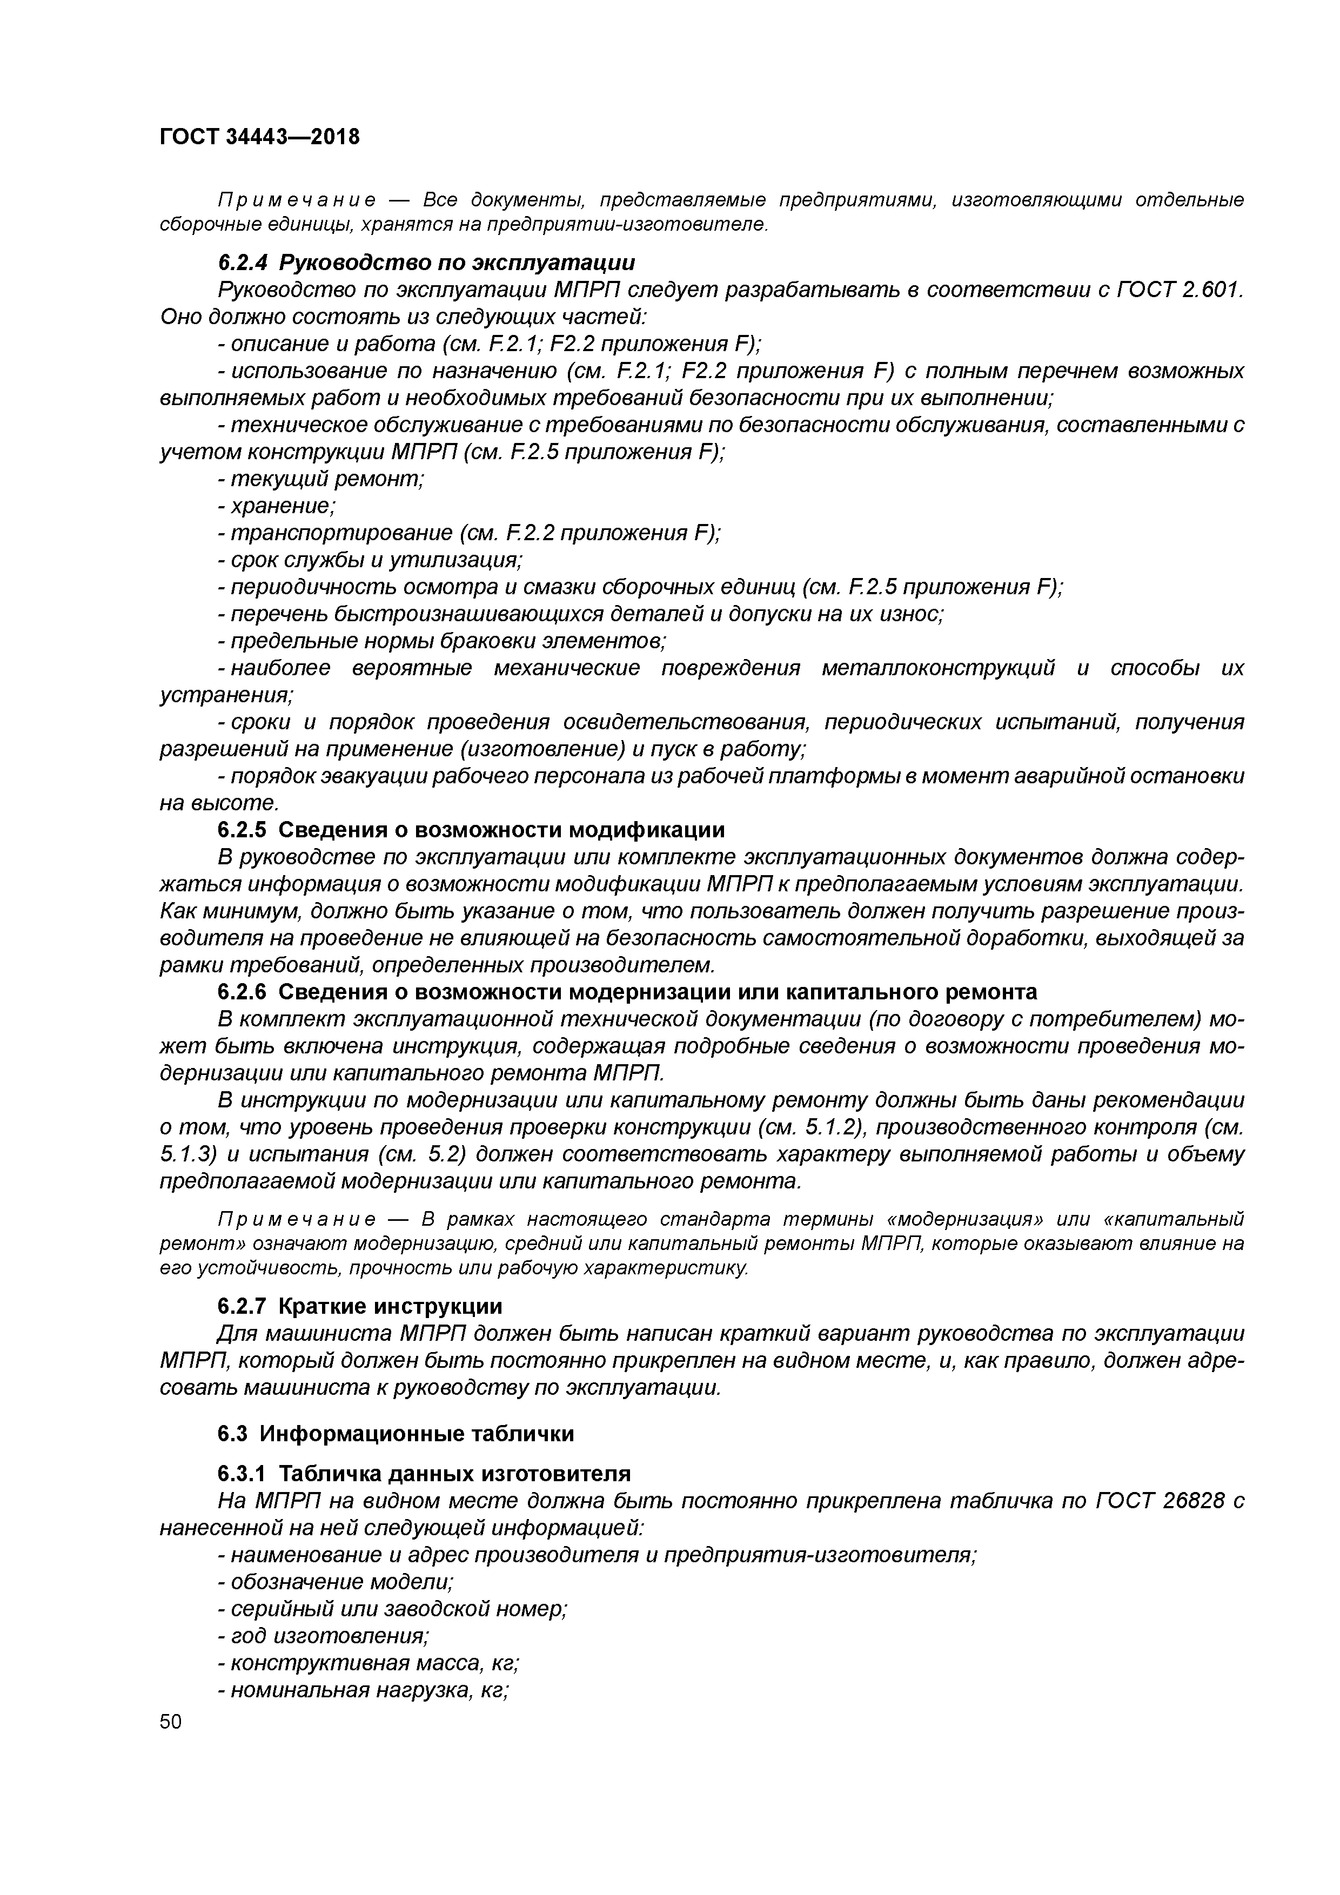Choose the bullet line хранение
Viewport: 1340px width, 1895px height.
click(x=276, y=506)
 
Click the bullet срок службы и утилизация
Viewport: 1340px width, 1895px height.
click(x=370, y=560)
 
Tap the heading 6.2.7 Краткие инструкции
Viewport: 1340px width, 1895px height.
click(x=359, y=1307)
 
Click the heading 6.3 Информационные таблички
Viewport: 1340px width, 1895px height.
click(x=396, y=1434)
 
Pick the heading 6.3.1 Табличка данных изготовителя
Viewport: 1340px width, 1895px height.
click(x=424, y=1473)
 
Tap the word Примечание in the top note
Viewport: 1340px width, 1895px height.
click(x=297, y=200)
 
